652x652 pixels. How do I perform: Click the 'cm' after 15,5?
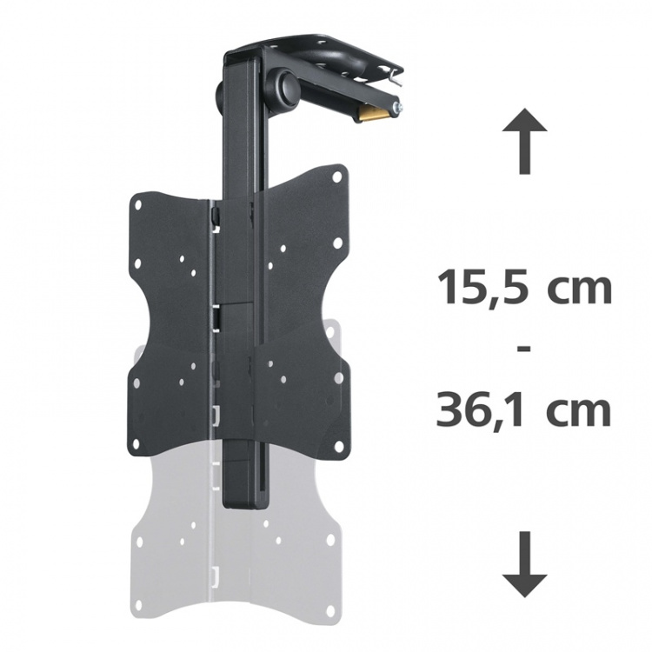(582, 289)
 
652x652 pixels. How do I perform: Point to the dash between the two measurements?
(524, 348)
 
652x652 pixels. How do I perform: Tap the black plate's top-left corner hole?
(137, 204)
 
